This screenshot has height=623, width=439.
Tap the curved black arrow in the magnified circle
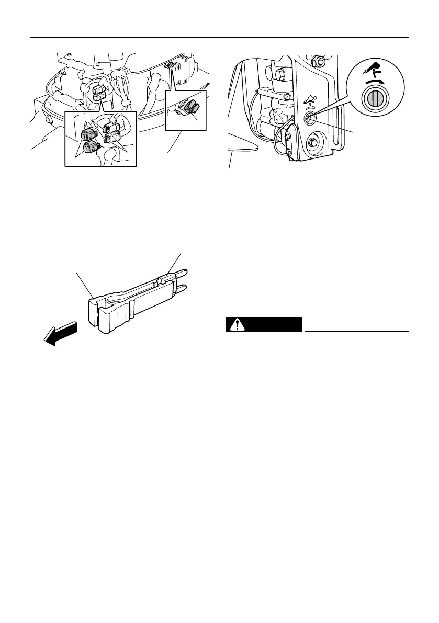tap(378, 80)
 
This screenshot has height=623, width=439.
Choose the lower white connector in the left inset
tap(111, 138)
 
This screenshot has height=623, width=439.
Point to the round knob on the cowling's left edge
tap(49, 119)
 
